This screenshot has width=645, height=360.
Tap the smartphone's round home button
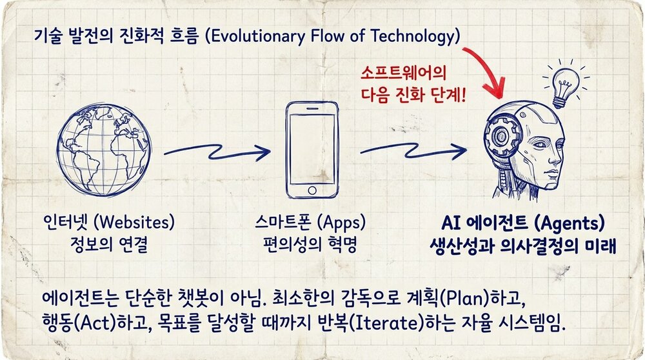[312, 191]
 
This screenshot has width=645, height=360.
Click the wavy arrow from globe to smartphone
[216, 152]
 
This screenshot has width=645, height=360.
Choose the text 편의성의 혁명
[312, 246]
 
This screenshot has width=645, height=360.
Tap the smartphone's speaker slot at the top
[312, 106]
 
